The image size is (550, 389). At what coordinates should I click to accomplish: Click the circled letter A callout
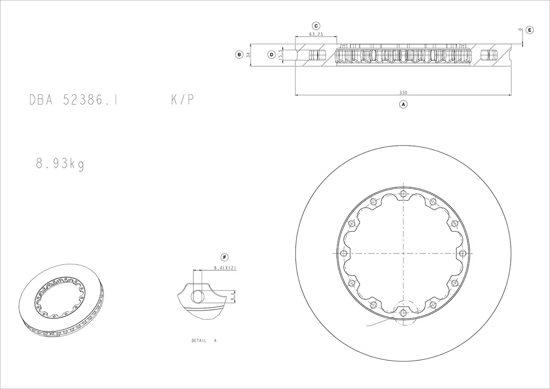click(403, 104)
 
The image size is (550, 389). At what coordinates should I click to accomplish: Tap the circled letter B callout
click(239, 55)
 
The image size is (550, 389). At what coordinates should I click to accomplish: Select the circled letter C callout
click(316, 26)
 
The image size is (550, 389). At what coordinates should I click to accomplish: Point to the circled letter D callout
click(271, 55)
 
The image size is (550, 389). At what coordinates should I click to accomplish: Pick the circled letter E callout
click(530, 30)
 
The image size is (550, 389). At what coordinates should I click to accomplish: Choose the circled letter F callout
click(224, 257)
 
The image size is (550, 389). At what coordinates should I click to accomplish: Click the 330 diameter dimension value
click(403, 93)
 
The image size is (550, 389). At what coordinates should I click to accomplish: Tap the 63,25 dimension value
click(316, 34)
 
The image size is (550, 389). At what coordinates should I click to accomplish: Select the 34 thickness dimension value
click(248, 55)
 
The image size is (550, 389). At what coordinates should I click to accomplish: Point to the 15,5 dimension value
click(281, 55)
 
